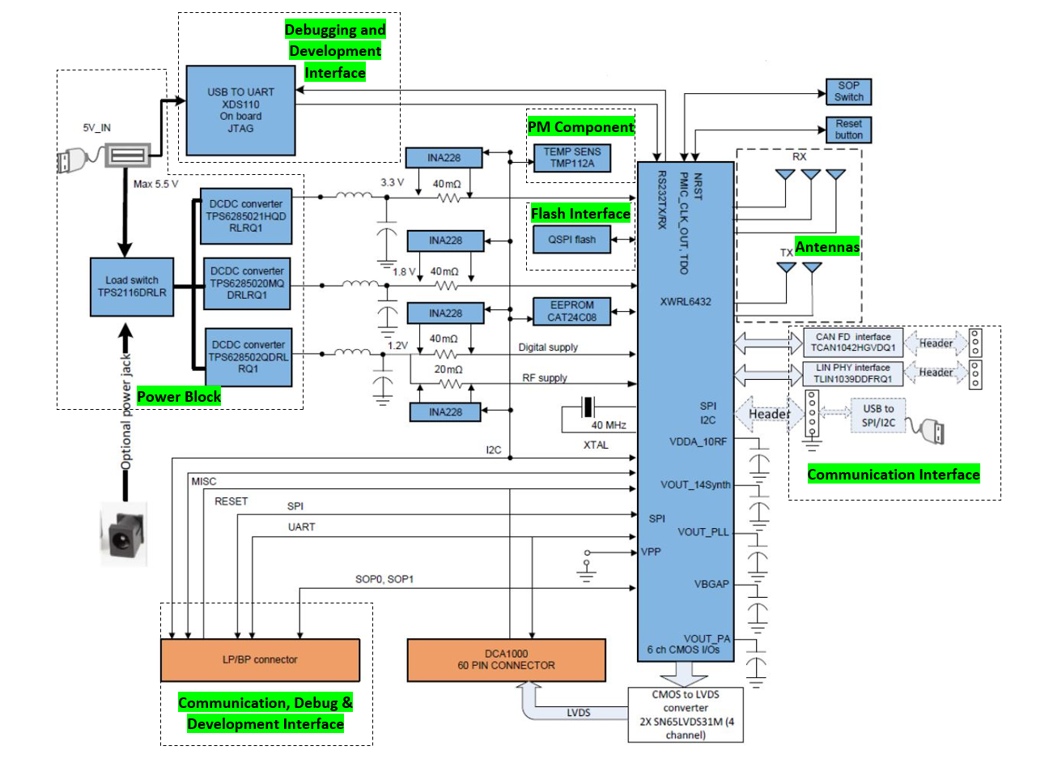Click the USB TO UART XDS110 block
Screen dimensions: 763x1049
240,110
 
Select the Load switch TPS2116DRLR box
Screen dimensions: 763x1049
132,287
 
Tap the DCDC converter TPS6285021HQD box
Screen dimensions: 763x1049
245,216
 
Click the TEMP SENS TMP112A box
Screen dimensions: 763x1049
571,157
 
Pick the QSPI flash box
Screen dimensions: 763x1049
571,240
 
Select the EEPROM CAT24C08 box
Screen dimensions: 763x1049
571,311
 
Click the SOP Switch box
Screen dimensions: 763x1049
848,92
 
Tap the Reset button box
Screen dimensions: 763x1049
848,130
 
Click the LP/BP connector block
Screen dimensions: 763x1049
260,660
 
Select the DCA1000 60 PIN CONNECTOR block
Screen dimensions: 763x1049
506,660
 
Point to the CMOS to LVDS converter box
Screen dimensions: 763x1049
685,714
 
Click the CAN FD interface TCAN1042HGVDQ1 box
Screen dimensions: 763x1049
853,343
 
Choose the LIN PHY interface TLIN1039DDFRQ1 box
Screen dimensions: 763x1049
853,373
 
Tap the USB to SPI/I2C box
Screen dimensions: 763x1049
877,416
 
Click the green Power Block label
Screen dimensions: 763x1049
179,396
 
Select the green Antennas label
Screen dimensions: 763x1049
826,247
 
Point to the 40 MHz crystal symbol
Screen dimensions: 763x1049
588,407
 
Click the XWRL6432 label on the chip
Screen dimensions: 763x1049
685,301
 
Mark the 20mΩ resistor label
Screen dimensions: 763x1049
448,369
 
